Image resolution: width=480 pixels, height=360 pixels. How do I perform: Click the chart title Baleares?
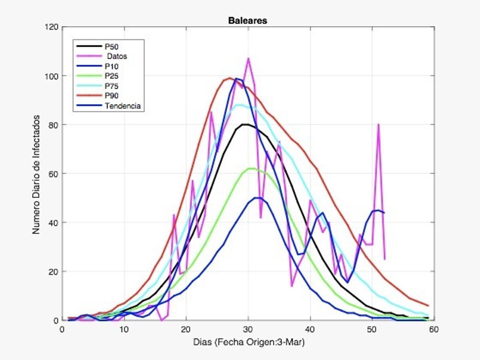coord(247,20)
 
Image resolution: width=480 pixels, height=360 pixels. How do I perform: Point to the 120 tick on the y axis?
coord(53,27)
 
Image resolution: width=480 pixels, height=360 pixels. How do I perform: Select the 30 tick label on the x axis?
coord(248,329)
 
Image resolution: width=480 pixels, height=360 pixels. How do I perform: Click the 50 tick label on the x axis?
coord(372,329)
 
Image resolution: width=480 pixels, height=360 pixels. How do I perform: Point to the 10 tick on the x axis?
coord(124,329)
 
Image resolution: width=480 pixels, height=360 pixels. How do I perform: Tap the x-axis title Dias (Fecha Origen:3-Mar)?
coord(248,342)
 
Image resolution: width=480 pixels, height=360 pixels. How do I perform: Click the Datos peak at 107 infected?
coord(248,58)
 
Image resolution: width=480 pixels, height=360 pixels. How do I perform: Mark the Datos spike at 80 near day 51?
coord(378,124)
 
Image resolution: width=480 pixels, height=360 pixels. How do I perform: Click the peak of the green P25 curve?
coord(251,168)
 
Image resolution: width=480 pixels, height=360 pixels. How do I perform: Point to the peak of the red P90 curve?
coord(230,78)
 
